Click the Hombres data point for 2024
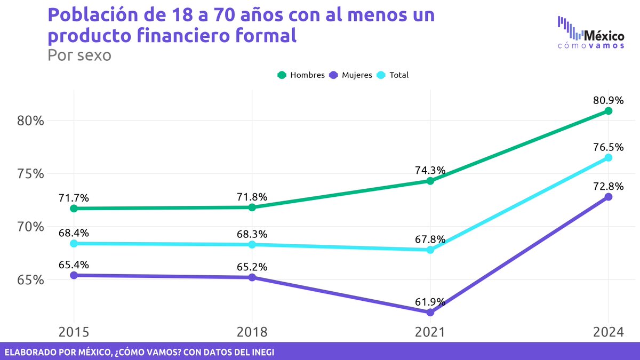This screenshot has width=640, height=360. click(x=609, y=111)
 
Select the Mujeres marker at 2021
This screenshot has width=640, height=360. click(x=430, y=313)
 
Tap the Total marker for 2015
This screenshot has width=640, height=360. click(x=74, y=243)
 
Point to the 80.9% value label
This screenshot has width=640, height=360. click(x=609, y=100)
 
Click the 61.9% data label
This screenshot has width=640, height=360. click(x=430, y=301)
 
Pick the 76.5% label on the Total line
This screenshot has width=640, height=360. click(x=609, y=147)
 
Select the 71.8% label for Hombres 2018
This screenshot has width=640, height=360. click(x=252, y=196)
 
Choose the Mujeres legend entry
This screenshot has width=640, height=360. click(x=351, y=75)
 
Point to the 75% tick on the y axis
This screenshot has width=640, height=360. click(x=29, y=174)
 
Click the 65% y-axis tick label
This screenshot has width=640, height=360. click(x=29, y=280)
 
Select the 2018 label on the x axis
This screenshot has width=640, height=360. click(x=252, y=332)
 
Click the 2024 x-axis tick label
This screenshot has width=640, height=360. click(x=609, y=332)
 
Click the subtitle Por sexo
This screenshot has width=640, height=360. click(x=79, y=55)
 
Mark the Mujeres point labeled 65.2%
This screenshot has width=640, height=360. click(x=252, y=277)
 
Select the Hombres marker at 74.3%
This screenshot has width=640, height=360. click(x=430, y=181)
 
